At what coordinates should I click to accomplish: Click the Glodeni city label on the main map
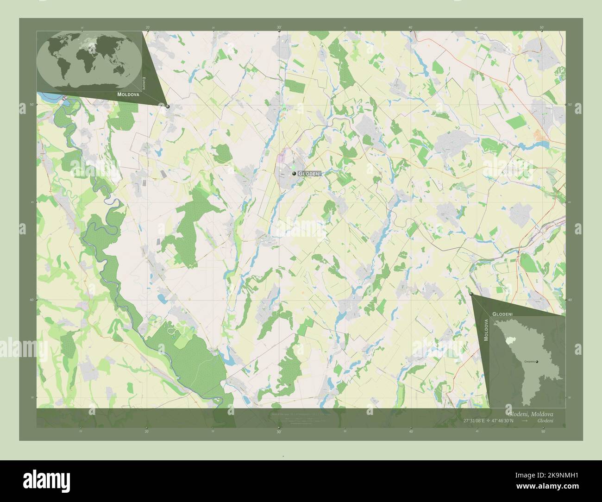(310, 173)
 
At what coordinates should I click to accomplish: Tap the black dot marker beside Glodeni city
(294, 173)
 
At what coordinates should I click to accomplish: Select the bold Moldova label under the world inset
(128, 94)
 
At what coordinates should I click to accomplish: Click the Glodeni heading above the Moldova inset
(502, 314)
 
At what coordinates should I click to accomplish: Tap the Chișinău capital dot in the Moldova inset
(537, 362)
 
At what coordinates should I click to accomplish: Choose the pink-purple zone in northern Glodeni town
(281, 160)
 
